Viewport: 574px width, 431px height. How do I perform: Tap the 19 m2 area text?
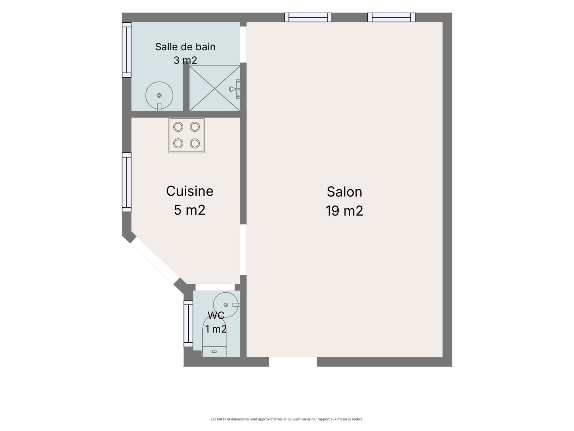click(344, 211)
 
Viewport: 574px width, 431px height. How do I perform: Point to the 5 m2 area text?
click(189, 210)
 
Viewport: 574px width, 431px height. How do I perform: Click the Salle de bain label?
click(185, 47)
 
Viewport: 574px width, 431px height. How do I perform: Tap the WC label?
click(216, 315)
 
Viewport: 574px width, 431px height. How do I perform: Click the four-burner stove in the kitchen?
click(187, 135)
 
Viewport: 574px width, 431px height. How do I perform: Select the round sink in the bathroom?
click(159, 96)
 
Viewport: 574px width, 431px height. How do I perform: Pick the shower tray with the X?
click(215, 88)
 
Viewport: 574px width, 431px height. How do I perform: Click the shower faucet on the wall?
click(235, 89)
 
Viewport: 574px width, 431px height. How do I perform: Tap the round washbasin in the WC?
click(226, 305)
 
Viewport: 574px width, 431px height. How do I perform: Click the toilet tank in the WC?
click(215, 352)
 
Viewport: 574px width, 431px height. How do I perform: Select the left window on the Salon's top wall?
click(308, 17)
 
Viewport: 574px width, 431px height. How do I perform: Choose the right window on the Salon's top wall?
click(391, 17)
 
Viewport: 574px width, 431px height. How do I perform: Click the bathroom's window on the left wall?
click(127, 50)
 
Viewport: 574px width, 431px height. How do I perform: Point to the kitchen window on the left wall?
click(127, 182)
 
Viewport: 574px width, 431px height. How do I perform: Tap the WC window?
click(188, 324)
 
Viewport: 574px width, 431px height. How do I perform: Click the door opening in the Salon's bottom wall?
click(293, 362)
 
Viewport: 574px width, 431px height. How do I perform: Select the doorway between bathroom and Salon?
click(243, 45)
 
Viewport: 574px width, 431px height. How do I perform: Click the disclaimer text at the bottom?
click(287, 419)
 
